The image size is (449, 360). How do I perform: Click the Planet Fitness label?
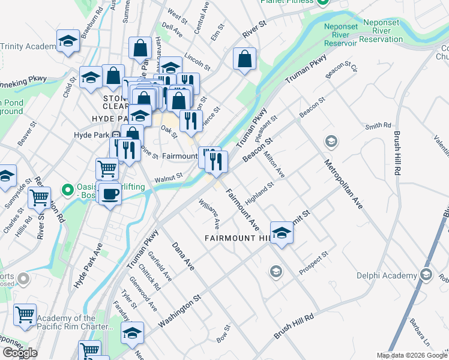click(286, 2)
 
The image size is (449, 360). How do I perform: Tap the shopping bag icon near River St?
click(244, 59)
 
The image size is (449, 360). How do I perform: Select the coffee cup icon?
click(110, 194)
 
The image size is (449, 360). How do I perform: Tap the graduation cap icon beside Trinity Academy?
click(68, 41)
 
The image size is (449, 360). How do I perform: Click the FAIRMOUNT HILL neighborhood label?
click(238, 238)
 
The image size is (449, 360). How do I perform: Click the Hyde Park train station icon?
click(115, 135)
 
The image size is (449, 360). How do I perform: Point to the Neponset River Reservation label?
click(364, 34)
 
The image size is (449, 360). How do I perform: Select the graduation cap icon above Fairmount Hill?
click(281, 233)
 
